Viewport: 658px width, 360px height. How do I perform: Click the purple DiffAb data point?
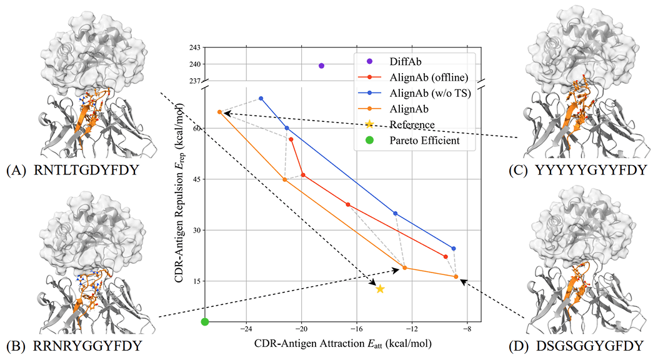tap(321, 66)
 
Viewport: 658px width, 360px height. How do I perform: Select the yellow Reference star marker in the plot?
tap(380, 289)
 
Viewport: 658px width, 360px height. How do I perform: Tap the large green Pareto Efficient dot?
tap(204, 321)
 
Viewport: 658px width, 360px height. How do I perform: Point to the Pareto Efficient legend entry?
tap(424, 141)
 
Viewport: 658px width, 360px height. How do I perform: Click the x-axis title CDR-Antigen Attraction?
tap(342, 344)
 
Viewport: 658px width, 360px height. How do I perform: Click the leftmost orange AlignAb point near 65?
tap(219, 112)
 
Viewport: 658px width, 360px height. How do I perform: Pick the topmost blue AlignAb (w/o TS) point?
tap(261, 98)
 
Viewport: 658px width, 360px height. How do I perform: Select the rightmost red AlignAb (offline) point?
tap(446, 257)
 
